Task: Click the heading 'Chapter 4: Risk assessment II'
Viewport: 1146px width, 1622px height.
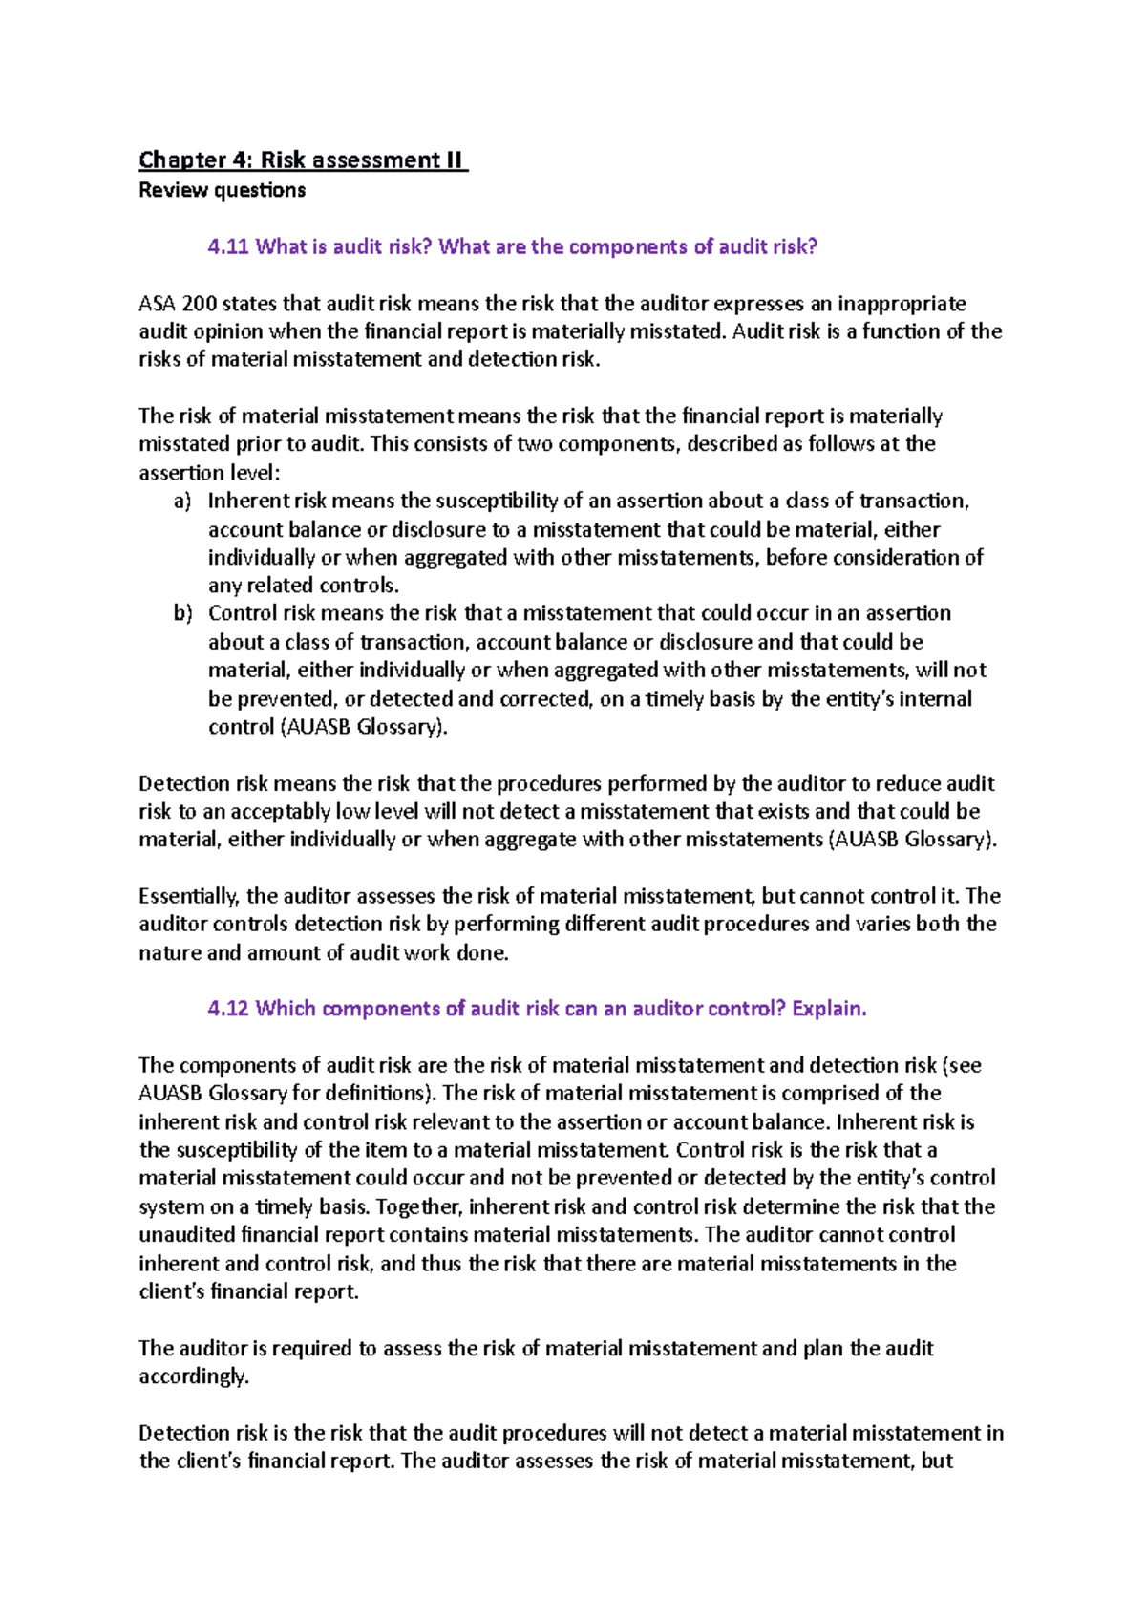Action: point(303,160)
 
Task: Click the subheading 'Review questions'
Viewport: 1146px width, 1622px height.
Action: point(222,190)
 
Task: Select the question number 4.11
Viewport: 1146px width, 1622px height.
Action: point(228,246)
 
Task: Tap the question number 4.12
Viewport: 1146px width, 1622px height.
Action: point(228,1009)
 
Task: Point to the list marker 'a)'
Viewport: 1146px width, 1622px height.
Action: point(182,502)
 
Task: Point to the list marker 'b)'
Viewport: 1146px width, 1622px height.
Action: point(182,613)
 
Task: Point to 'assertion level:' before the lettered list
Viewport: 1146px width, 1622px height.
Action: point(210,473)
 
